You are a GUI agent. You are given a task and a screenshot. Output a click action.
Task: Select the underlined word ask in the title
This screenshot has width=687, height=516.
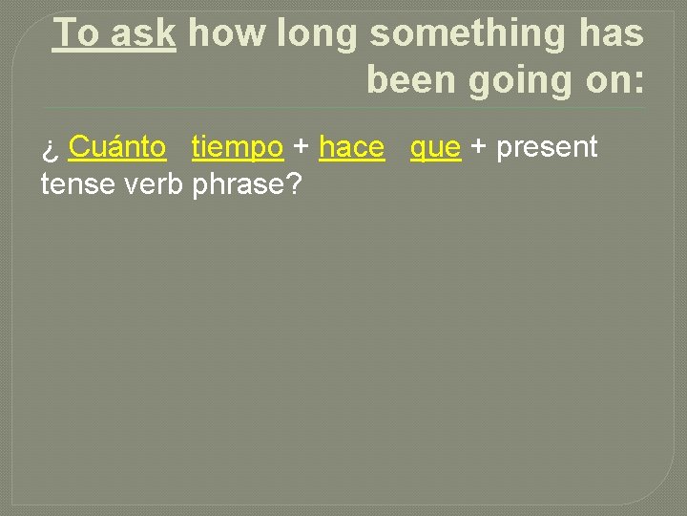tap(143, 33)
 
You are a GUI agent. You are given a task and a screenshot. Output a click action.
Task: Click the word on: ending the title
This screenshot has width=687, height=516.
tap(613, 80)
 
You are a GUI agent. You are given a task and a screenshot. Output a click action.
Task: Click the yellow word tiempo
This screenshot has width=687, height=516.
tap(238, 148)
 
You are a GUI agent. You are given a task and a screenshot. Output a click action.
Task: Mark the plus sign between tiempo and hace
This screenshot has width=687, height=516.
tap(302, 148)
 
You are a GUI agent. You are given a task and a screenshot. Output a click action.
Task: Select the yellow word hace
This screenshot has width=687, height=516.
tap(351, 147)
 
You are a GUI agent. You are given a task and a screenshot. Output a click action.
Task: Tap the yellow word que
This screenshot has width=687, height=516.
tap(435, 149)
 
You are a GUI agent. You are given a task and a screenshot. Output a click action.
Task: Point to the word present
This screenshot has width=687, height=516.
tap(547, 148)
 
